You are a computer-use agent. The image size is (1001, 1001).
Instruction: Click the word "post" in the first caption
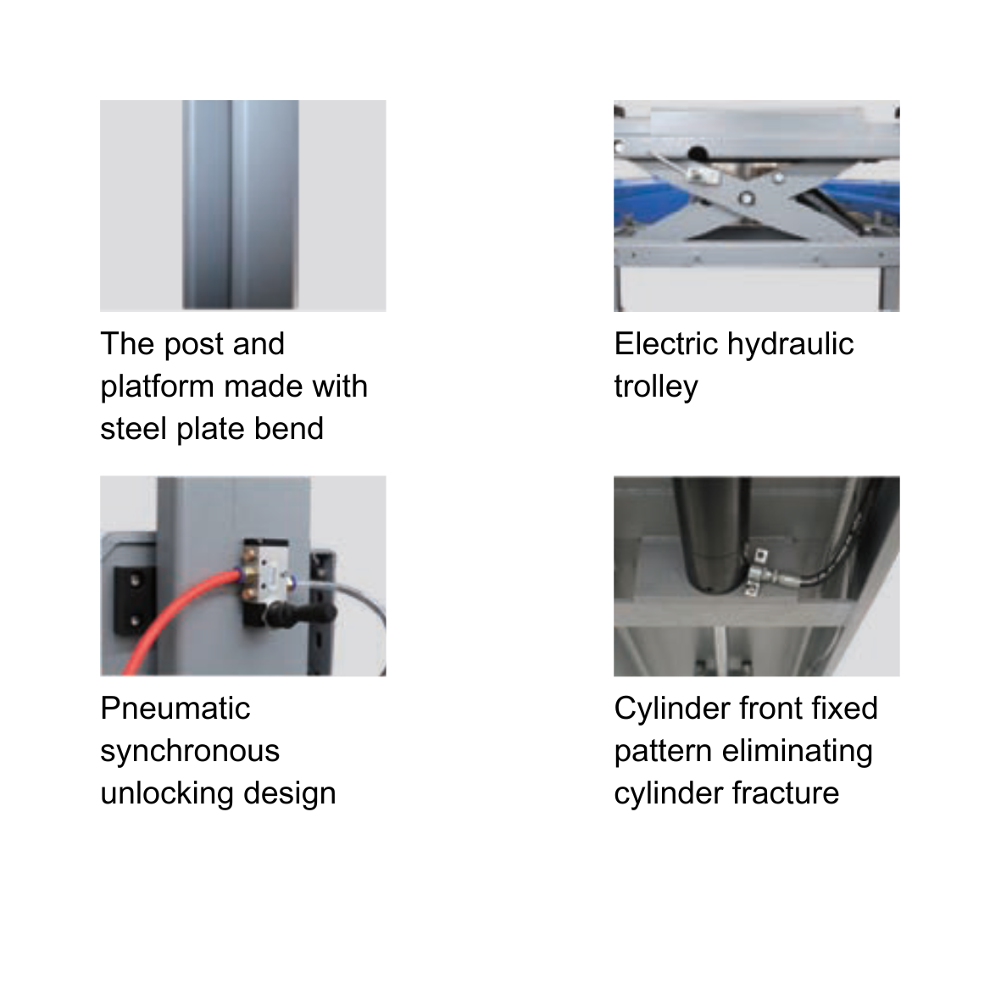192,345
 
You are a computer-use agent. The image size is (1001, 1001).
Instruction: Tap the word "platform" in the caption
157,387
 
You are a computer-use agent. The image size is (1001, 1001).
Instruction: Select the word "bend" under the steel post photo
289,428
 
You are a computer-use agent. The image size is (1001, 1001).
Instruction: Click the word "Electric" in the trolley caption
666,343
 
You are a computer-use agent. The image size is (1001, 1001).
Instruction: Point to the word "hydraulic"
790,343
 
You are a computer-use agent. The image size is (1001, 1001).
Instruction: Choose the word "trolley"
656,387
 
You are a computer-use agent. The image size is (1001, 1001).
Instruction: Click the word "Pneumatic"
175,709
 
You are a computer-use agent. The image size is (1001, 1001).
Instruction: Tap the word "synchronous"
190,752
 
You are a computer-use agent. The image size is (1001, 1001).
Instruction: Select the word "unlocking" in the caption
167,793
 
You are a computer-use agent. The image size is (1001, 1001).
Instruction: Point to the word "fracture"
785,793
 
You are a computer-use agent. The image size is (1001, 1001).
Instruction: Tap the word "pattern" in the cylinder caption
663,752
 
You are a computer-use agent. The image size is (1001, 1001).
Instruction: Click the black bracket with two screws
136,600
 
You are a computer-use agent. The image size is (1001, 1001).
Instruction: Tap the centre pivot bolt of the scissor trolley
746,198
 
